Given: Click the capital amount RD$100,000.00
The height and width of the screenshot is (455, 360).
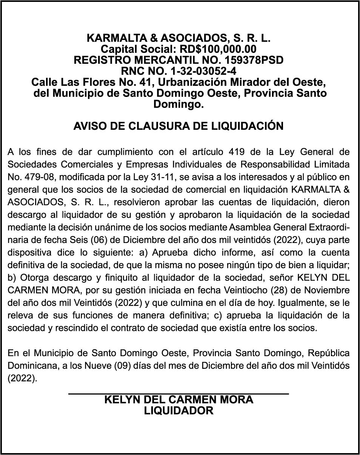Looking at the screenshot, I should click(x=218, y=49).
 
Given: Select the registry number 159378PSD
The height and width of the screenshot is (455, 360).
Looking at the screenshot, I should click(x=254, y=60).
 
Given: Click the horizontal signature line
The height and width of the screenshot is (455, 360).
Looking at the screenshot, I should click(x=178, y=394).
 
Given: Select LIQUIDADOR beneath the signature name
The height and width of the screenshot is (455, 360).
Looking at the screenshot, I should click(x=178, y=410).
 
